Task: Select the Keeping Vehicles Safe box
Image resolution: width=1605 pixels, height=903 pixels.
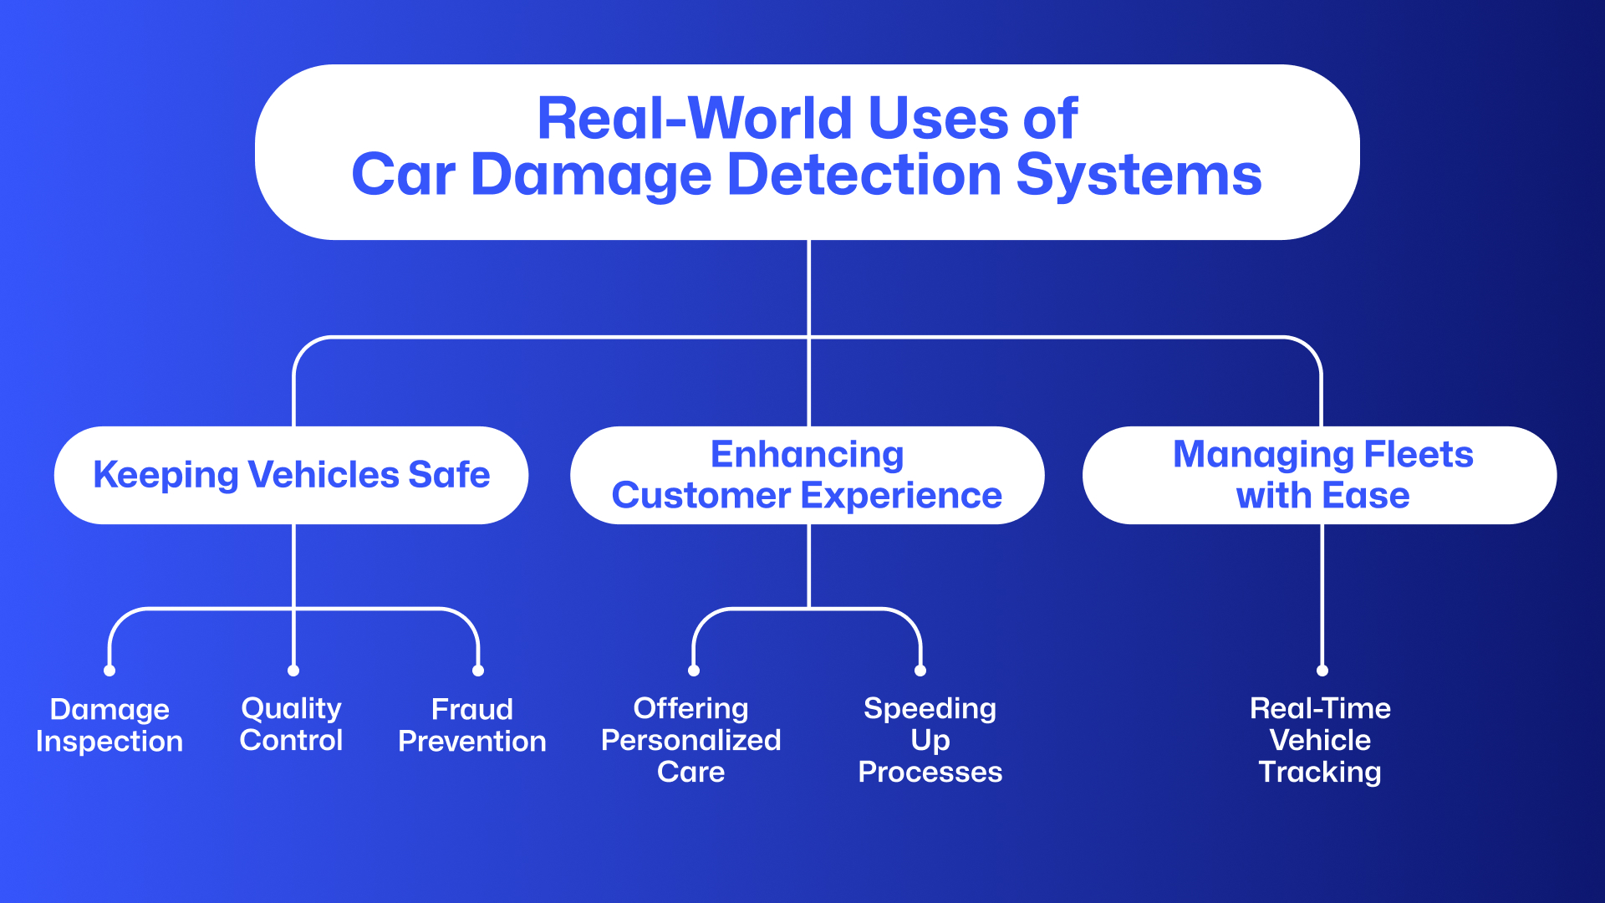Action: tap(291, 475)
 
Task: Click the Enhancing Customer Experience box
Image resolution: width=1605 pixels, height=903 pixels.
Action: tap(807, 475)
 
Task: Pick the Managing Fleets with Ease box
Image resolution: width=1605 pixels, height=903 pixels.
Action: tap(1322, 475)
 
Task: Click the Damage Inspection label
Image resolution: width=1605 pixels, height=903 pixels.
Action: tap(110, 725)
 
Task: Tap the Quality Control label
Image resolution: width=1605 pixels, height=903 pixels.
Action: tap(291, 724)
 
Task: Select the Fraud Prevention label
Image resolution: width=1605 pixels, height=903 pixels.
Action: tap(472, 725)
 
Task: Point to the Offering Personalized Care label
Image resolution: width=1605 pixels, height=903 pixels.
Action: tap(691, 740)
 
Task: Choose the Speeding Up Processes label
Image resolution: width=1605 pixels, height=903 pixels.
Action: tap(930, 740)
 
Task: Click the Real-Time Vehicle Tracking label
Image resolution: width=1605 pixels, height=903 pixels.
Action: tap(1320, 740)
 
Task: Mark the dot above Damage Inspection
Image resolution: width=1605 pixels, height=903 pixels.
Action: tap(110, 671)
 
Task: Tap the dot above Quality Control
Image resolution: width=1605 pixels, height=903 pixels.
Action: tap(293, 671)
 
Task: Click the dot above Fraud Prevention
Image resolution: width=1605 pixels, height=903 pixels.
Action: tap(478, 671)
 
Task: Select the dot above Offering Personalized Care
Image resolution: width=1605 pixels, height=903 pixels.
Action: tap(694, 671)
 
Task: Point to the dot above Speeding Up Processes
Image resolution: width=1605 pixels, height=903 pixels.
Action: tap(920, 671)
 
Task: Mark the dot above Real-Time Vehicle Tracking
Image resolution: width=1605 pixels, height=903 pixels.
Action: tap(1322, 671)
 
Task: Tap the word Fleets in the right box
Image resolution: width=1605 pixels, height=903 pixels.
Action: tap(1418, 455)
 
